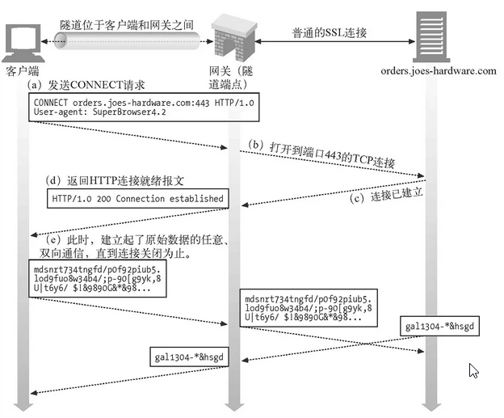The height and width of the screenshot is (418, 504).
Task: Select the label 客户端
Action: [23, 71]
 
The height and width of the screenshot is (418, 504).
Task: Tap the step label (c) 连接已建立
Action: [385, 196]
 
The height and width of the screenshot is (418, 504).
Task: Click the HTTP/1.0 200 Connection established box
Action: [136, 197]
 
